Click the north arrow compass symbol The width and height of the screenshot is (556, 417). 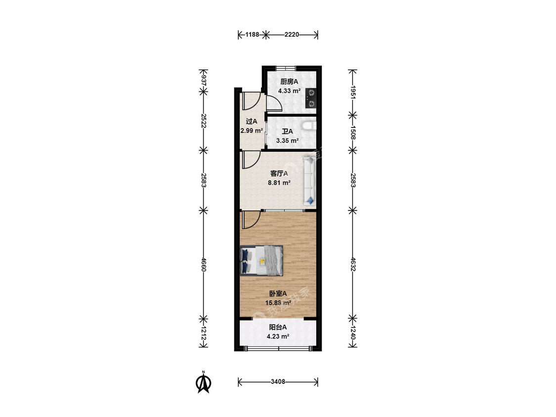(x=204, y=382)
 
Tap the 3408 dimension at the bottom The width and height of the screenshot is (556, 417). (x=278, y=382)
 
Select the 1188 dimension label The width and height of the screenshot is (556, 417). (x=253, y=35)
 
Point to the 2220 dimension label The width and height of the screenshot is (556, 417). (x=292, y=35)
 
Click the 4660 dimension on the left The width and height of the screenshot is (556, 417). (x=204, y=264)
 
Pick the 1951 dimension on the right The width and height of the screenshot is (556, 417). (x=352, y=92)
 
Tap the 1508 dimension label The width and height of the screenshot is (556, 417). (x=352, y=132)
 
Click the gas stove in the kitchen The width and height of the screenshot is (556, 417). (x=311, y=98)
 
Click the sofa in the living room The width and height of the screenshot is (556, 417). (x=309, y=181)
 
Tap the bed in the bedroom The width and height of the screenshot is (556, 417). (x=261, y=261)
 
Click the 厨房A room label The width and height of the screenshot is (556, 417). (x=289, y=82)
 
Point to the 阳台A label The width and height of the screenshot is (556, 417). (x=278, y=327)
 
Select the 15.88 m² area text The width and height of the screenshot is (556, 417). (x=278, y=303)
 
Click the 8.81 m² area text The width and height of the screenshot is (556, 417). (x=279, y=183)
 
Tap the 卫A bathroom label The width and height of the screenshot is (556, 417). (x=287, y=131)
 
